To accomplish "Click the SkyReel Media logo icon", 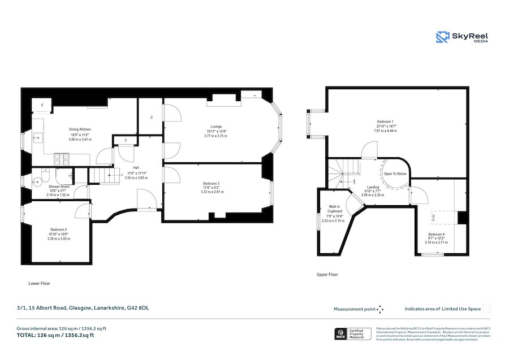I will click(443, 37).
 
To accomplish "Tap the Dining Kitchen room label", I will click(80, 129).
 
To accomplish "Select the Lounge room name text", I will click(216, 127).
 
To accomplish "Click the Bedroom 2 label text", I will click(58, 229).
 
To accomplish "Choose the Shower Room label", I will click(59, 186).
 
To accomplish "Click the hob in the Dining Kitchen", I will click(61, 159).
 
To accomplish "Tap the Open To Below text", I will click(395, 174).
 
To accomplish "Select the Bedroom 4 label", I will click(436, 234).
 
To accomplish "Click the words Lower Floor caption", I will click(39, 283).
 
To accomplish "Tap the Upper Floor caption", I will click(327, 275).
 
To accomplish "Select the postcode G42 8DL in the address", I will click(139, 308).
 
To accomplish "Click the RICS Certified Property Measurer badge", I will click(353, 334).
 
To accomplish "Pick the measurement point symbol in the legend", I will click(380, 309).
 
